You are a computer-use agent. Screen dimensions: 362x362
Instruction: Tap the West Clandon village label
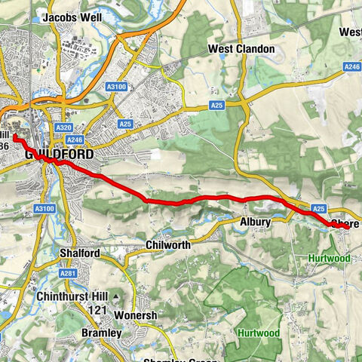[241, 49]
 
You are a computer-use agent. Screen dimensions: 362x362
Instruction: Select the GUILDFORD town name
[60, 154]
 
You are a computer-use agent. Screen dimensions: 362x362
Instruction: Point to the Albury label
[255, 222]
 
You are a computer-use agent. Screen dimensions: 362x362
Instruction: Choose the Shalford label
[78, 253]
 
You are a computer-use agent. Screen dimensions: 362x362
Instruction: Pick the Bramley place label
[100, 333]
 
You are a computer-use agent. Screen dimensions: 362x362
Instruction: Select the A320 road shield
[64, 128]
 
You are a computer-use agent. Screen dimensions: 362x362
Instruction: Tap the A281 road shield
[68, 273]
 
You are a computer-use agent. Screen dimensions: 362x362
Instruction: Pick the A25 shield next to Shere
[318, 208]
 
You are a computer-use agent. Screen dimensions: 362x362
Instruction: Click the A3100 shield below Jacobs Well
[117, 87]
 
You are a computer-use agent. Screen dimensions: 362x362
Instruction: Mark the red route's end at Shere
[336, 223]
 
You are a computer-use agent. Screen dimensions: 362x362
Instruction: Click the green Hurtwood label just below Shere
[330, 258]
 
